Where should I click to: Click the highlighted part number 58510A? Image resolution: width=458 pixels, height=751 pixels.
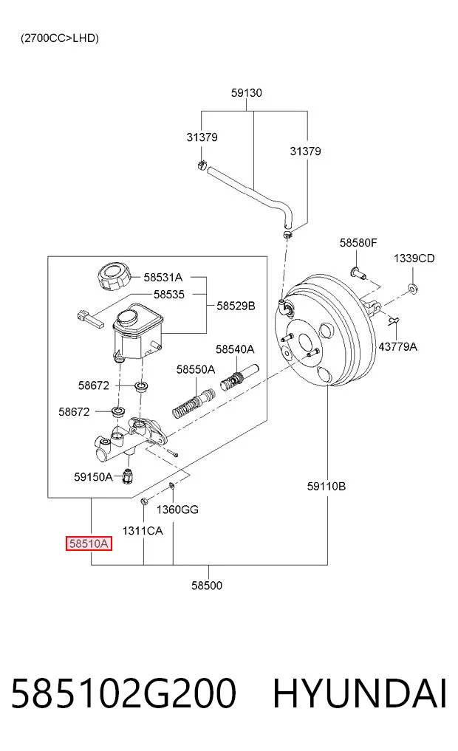89,543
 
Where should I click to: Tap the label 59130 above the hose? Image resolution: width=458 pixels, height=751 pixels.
246,93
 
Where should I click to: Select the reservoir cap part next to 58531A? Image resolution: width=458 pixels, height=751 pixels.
114,276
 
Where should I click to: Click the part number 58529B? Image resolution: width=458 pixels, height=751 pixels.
236,306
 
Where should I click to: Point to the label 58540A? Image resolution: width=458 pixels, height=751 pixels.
235,349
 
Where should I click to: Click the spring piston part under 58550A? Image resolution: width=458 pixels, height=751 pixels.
194,404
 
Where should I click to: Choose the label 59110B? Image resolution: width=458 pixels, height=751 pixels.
327,487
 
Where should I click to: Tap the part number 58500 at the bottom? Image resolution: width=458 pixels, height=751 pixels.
207,586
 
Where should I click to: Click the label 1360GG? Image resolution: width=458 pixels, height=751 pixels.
177,510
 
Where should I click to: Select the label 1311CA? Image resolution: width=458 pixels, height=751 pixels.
143,531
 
